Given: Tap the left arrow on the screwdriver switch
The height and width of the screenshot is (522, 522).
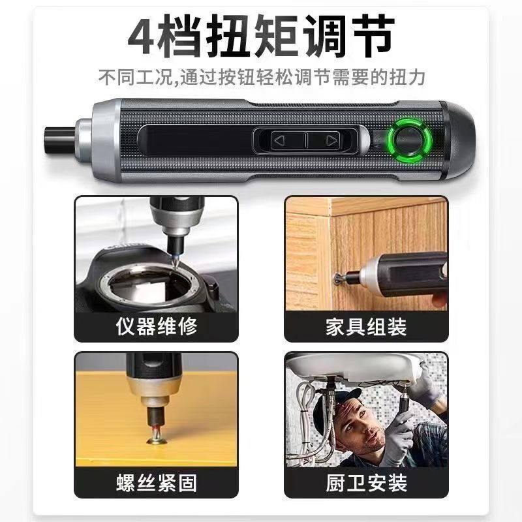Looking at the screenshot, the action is click(279, 140).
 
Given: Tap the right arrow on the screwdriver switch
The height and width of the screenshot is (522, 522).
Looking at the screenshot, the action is click(331, 140).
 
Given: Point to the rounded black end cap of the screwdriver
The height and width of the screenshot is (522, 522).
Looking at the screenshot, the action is click(460, 140).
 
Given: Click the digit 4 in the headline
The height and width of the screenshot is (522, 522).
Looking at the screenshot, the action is click(142, 36).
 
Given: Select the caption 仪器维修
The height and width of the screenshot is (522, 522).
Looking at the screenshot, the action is click(157, 326).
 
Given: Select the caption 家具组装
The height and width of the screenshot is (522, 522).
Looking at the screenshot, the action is click(366, 327).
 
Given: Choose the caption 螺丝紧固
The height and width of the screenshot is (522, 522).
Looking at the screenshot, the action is click(157, 483).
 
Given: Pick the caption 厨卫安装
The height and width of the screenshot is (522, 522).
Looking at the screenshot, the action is click(366, 483).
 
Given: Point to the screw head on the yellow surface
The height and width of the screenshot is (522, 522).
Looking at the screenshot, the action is click(157, 442).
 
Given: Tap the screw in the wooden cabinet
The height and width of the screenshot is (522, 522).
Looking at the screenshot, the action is click(339, 276).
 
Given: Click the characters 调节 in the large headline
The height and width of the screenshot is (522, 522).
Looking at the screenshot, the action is click(349, 36).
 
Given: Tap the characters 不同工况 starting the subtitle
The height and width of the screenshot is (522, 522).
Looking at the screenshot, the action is click(135, 78).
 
